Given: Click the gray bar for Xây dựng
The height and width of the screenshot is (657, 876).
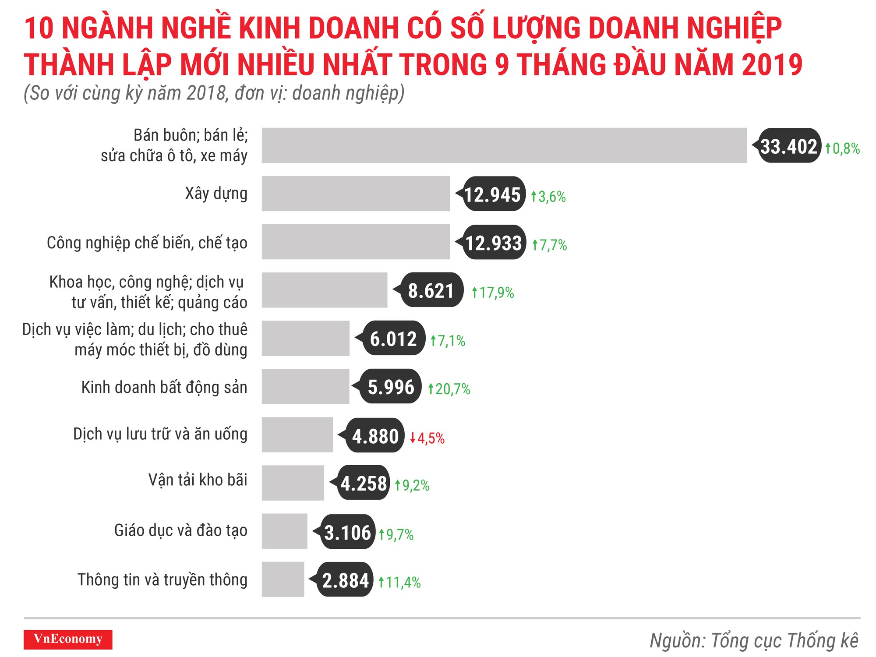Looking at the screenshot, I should click(356, 194).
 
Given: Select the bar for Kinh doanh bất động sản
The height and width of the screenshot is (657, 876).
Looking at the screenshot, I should click(305, 386).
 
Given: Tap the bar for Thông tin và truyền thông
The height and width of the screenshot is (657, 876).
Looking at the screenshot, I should click(283, 579).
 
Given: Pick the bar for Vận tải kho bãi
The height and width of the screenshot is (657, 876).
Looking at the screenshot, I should click(293, 483).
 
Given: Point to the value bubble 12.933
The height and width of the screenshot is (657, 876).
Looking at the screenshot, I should click(494, 243).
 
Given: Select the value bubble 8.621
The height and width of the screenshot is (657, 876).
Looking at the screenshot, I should click(431, 290).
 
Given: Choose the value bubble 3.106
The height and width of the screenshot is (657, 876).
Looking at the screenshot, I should click(347, 532).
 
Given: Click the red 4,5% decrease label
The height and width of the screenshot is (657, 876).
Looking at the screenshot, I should click(427, 438).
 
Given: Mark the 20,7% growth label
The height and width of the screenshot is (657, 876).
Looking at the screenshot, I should click(449, 389).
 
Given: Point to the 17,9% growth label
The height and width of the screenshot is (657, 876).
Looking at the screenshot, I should click(493, 293).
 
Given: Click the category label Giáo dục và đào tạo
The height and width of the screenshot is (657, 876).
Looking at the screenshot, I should click(180, 530).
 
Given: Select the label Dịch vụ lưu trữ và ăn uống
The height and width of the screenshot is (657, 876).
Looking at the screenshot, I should click(160, 434).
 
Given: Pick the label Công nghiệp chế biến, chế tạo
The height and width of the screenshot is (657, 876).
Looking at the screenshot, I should click(147, 243).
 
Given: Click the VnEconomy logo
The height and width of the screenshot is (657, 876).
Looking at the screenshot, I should click(68, 639).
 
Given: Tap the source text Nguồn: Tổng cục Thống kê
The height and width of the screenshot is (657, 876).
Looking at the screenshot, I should click(753, 641).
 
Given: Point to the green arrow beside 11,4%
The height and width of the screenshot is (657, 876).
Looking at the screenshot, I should click(381, 582).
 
